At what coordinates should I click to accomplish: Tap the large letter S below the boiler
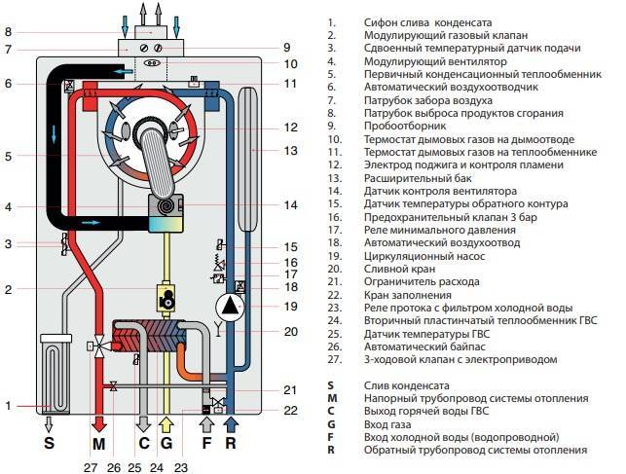coord(49,443)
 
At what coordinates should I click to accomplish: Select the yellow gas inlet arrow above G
coord(166,424)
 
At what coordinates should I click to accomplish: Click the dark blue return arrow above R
coord(231,424)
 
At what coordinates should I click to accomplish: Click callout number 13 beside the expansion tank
coord(290,151)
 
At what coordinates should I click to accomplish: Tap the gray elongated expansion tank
coord(247,159)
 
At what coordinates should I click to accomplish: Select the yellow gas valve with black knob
coord(166,297)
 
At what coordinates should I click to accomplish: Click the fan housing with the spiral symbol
coord(166,213)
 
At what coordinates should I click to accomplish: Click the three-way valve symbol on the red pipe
coord(97,346)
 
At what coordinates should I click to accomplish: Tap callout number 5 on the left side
coord(9,156)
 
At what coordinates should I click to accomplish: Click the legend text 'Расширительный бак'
coord(418,178)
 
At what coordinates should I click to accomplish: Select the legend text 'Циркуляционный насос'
coord(424,256)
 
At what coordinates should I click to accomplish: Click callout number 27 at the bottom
coord(91,467)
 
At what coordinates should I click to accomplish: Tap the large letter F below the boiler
coord(206,443)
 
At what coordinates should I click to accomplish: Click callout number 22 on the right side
coord(290,411)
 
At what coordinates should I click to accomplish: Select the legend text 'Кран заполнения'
coord(408,295)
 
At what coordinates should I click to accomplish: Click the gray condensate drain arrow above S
coord(49,424)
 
